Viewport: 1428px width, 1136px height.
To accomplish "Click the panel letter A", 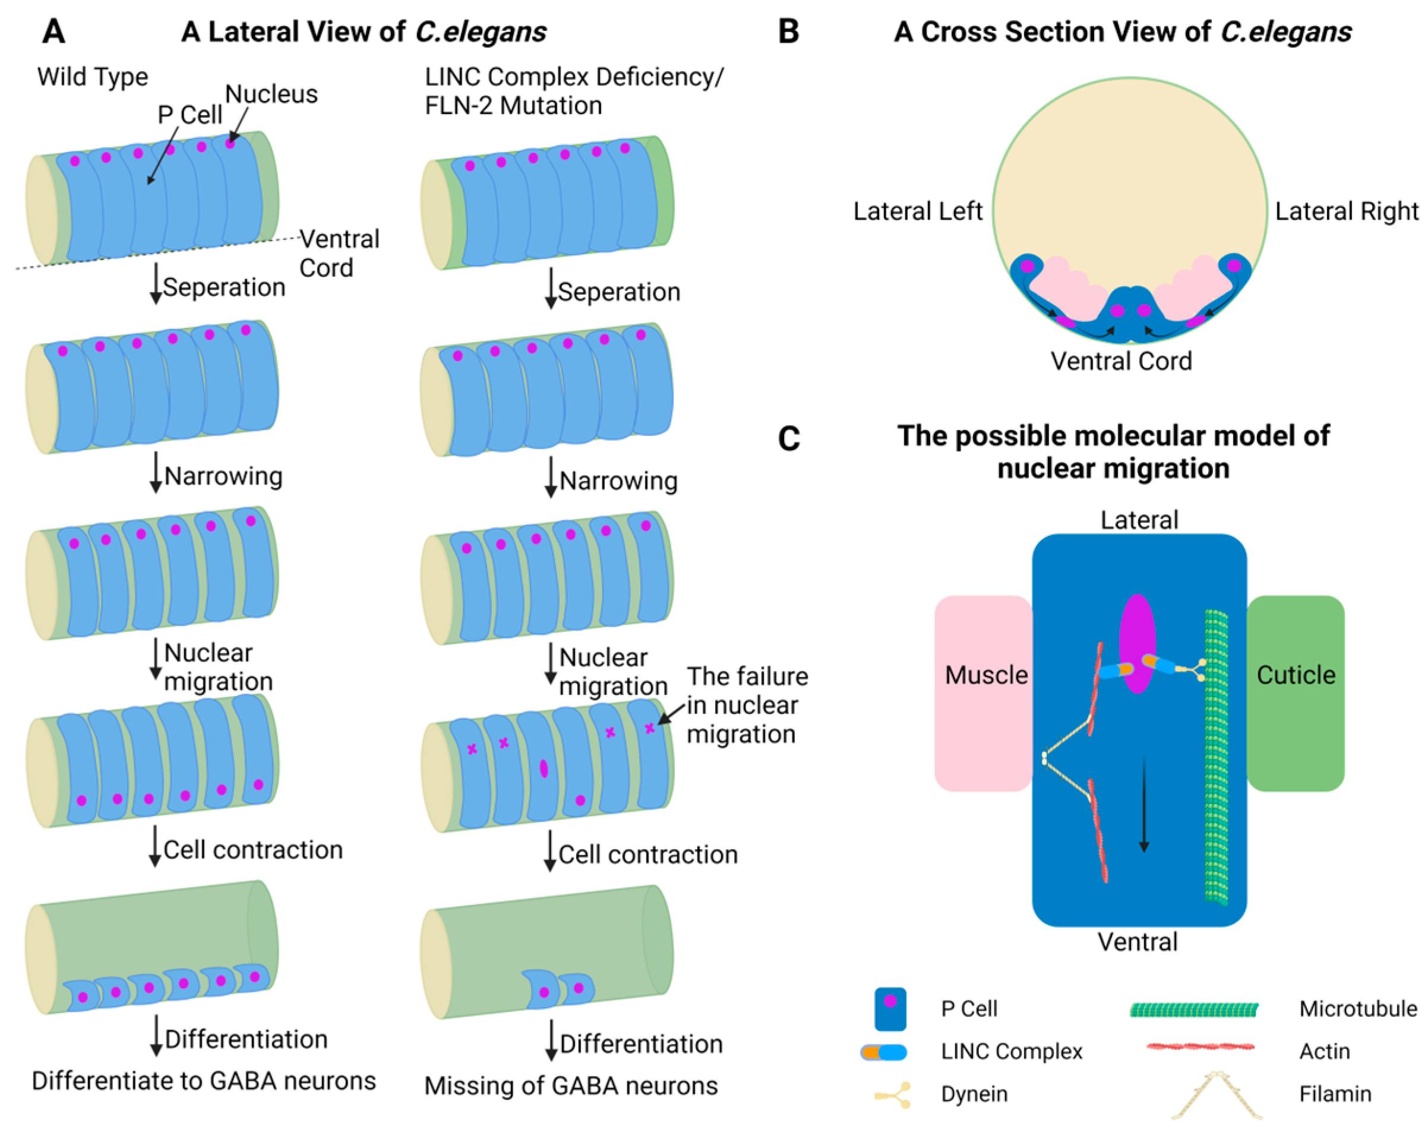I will click(x=53, y=31).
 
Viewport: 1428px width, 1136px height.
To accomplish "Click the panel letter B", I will click(x=788, y=31).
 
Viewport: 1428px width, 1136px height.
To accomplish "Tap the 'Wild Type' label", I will click(x=92, y=77).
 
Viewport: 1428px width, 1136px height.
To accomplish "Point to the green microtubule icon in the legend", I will click(x=1193, y=1009).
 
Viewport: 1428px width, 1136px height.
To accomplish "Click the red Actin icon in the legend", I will click(x=1200, y=1047).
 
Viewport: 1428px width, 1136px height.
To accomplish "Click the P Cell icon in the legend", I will click(x=890, y=1009).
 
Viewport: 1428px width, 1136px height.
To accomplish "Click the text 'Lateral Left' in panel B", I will click(x=917, y=211).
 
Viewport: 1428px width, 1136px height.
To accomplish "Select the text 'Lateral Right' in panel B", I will click(x=1346, y=211).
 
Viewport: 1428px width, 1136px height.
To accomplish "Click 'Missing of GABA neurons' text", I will click(x=570, y=1086).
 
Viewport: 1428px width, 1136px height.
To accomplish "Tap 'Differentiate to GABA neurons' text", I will click(x=203, y=1080).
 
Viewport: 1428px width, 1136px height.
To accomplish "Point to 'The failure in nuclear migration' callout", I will click(x=747, y=704).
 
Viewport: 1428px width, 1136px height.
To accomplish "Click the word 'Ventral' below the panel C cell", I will click(x=1138, y=941).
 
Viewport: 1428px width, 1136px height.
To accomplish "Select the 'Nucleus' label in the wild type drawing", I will click(x=271, y=94).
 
